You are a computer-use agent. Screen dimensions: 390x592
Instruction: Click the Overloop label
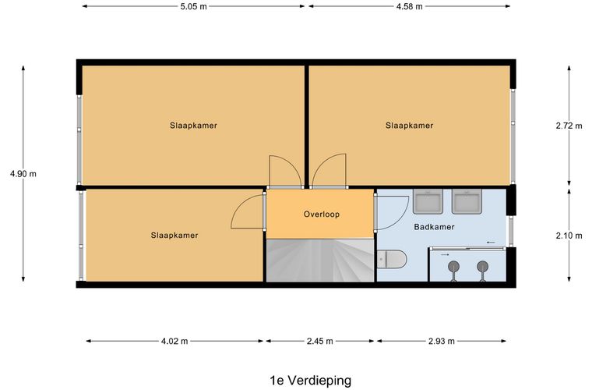tap(321, 214)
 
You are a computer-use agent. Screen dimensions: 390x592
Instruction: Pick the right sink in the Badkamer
tap(467, 202)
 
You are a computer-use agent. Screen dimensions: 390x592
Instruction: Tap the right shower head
tap(482, 267)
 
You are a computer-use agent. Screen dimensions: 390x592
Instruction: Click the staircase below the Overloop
tap(320, 261)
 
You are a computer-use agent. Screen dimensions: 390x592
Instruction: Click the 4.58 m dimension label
tap(409, 7)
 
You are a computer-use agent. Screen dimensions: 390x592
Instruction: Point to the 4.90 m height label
tap(23, 174)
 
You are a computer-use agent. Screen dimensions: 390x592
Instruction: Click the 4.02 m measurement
tap(175, 341)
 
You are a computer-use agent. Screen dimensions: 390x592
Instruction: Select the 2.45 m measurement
tap(320, 341)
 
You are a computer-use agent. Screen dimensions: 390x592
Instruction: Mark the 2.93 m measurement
tap(442, 341)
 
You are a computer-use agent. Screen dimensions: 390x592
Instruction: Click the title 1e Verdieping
tap(310, 381)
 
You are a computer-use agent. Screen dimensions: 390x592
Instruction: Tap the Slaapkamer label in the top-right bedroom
tap(410, 126)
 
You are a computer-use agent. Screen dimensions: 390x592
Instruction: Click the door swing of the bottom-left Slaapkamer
tap(248, 212)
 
